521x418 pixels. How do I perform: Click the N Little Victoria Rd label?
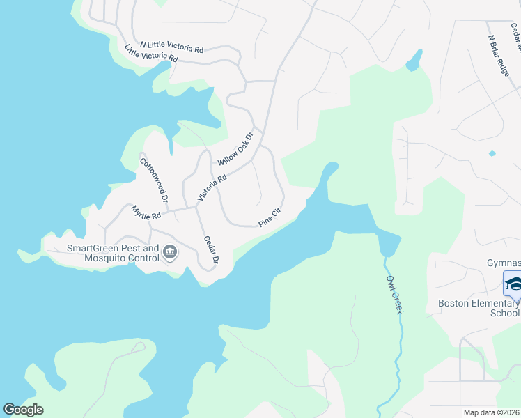coord(171,47)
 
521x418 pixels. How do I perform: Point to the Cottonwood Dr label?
coord(155,180)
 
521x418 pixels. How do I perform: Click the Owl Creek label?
coord(394,293)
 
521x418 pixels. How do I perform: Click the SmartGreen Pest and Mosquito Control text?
coord(113,253)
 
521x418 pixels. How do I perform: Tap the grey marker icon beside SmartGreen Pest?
coord(169,253)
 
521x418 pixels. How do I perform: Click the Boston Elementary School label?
coord(479,308)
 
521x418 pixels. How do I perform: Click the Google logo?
coord(24,410)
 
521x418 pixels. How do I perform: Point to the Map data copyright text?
coord(491,412)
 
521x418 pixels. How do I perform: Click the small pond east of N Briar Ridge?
coord(492,153)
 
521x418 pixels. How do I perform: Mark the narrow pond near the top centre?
coord(414,60)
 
